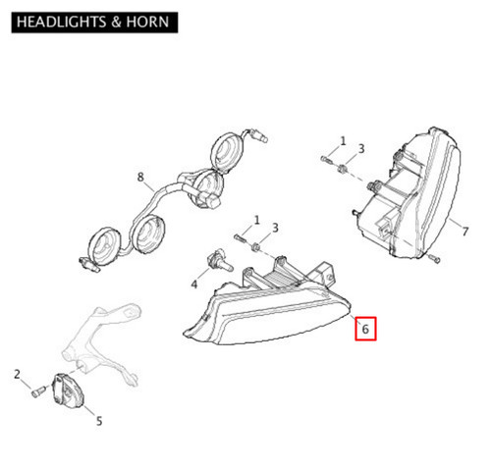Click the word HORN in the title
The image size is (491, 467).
(x=147, y=22)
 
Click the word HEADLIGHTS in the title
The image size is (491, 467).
(x=61, y=22)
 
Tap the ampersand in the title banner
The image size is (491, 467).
(x=116, y=22)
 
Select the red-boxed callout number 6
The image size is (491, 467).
(x=365, y=329)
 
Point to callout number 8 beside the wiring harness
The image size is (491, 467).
(x=140, y=178)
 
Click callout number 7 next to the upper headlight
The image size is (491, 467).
(x=465, y=232)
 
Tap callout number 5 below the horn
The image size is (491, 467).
(x=99, y=421)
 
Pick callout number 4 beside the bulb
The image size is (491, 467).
(x=194, y=285)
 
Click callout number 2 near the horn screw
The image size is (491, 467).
(x=17, y=375)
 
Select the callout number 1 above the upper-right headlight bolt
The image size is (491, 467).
(x=343, y=141)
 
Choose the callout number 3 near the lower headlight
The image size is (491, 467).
(x=275, y=228)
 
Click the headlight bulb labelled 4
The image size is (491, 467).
(x=219, y=260)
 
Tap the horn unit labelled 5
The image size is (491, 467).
(x=68, y=390)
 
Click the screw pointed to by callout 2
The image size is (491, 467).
(x=37, y=391)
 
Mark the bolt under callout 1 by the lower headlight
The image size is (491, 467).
(x=240, y=238)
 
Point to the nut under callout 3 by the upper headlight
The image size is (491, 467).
(x=342, y=170)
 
